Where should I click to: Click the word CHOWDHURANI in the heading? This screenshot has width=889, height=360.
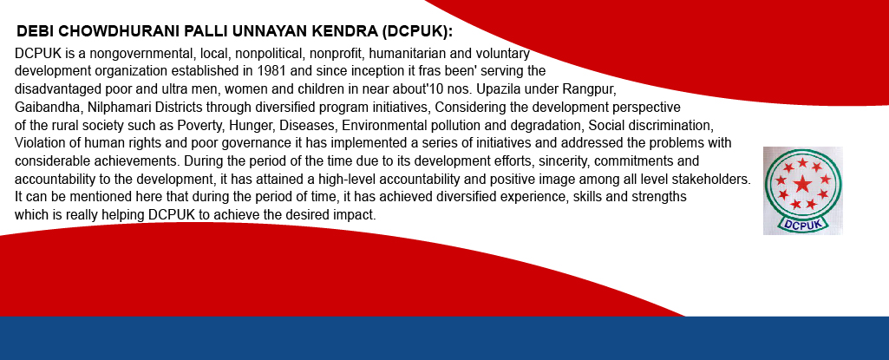[x=108, y=32]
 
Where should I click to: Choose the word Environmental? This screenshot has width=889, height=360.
[x=381, y=125]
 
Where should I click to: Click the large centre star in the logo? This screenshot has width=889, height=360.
[x=801, y=183]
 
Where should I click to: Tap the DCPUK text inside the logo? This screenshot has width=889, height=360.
[x=802, y=223]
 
